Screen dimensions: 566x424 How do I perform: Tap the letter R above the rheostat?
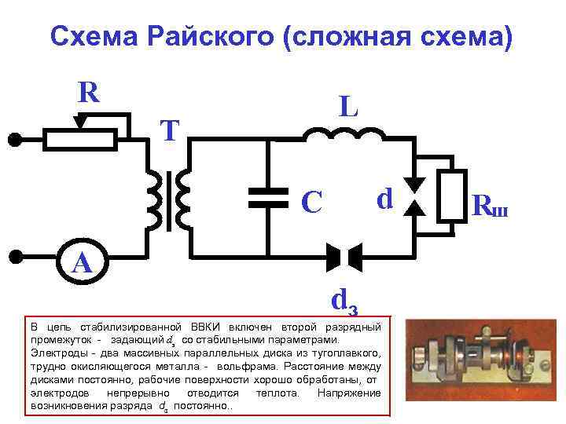pos(88,93)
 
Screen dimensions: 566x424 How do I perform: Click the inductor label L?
pos(349,107)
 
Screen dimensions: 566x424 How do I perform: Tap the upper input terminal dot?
pos(14,140)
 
